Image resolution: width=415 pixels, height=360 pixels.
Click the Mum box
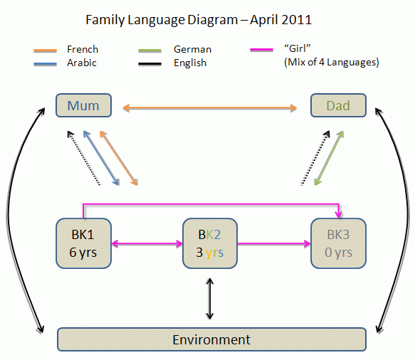(84, 106)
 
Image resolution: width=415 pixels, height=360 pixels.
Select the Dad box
(338, 106)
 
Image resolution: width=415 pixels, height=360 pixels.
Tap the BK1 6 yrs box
(83, 243)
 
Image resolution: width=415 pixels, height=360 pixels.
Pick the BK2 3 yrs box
(209, 243)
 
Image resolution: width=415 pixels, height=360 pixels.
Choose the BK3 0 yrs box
(338, 243)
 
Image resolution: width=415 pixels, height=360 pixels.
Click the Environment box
(211, 339)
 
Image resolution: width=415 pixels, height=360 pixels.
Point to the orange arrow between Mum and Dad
(210, 108)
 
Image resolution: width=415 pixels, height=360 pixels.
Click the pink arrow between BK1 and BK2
(147, 243)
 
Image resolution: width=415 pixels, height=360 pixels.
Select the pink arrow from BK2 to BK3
(273, 243)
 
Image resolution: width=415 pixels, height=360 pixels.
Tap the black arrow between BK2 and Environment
(209, 299)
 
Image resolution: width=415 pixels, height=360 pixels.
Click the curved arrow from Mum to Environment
(20, 221)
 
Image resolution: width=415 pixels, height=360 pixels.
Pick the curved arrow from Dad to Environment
(403, 221)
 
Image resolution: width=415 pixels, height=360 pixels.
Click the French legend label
(83, 49)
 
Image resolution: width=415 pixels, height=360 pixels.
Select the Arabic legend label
(82, 63)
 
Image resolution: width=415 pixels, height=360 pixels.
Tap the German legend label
(192, 49)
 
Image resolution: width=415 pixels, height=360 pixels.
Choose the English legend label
(190, 63)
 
